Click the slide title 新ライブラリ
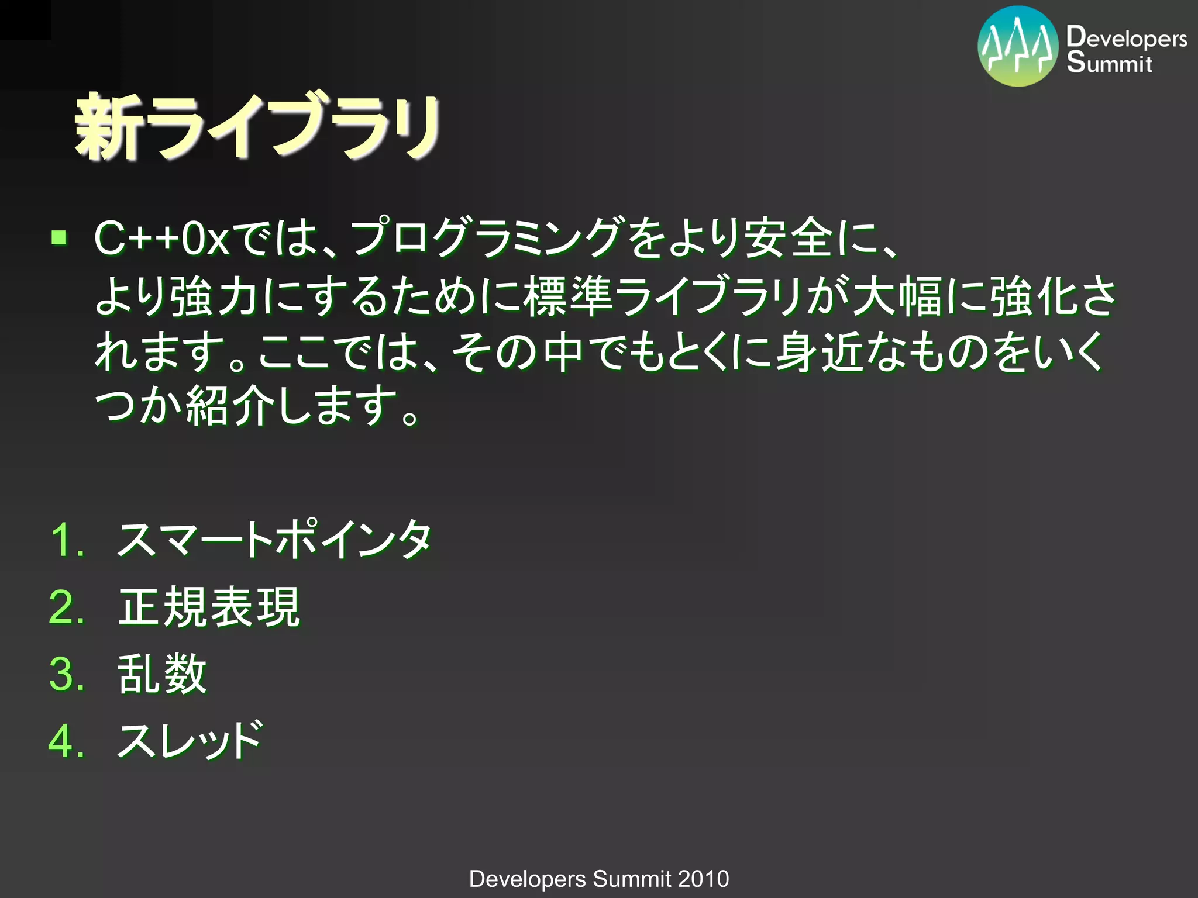coord(257,127)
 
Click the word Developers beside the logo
coord(1126,38)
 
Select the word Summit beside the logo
coord(1109,63)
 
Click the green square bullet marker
coord(59,238)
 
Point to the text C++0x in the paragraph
coord(161,239)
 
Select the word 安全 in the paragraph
coord(789,239)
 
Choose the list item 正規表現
coord(209,607)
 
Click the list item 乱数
coord(163,674)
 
